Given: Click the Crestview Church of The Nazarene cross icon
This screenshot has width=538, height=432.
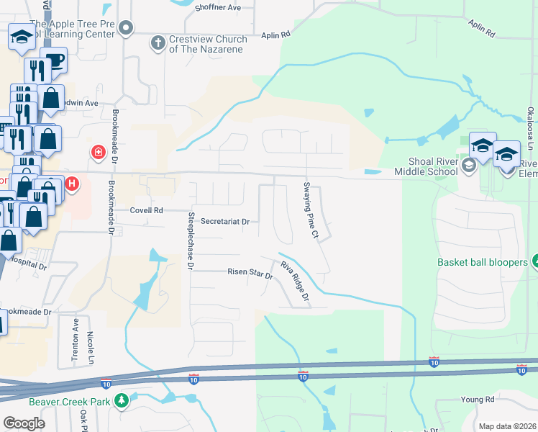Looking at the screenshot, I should point(157,43).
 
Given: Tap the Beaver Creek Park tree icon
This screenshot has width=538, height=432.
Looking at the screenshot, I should point(122,400).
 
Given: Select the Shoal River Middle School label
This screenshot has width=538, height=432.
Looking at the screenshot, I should point(426,166).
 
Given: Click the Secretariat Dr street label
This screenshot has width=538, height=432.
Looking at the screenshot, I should point(224,222).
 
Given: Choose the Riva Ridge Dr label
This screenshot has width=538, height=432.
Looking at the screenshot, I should point(294,281).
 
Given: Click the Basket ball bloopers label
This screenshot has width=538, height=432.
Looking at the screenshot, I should point(483,262).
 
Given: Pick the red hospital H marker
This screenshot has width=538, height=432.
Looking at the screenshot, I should point(72,184).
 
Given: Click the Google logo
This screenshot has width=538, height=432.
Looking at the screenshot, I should point(24,423).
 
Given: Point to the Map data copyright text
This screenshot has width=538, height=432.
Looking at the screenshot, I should point(506,426).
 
